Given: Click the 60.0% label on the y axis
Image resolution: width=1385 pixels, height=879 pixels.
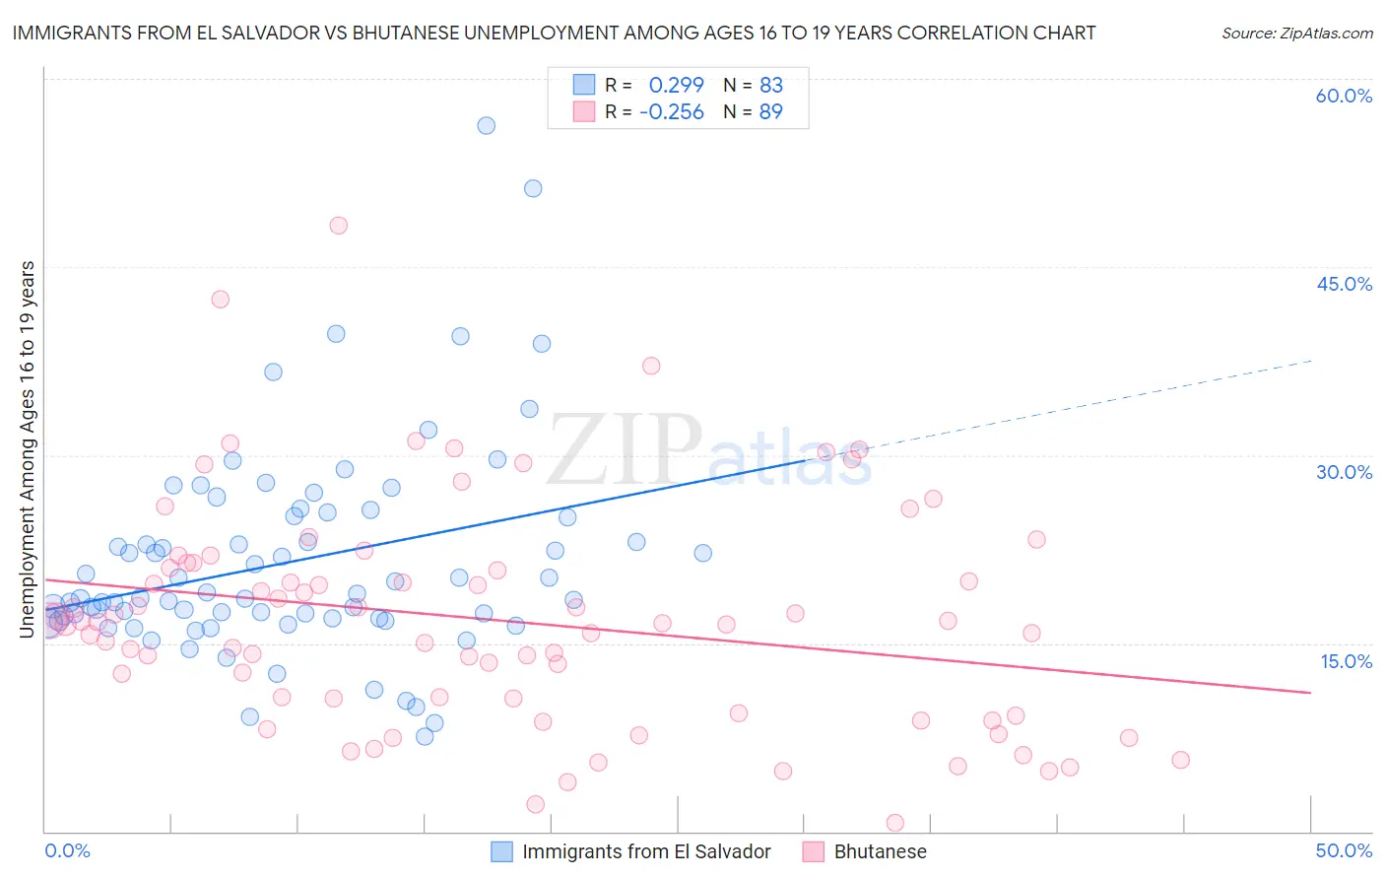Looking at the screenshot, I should coord(1344,96).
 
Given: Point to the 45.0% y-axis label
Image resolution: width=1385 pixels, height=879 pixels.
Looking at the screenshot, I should coord(1344,284).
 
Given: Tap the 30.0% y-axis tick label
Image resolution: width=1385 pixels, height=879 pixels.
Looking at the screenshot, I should coord(1344,472).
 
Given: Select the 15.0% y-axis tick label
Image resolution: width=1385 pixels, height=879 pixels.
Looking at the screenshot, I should coord(1346,661).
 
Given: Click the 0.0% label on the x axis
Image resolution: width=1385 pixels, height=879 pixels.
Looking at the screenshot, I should coord(67,850).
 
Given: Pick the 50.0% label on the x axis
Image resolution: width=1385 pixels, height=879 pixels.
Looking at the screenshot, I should coord(1344,850).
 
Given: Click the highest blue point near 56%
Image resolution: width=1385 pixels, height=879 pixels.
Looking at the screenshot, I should coord(486,125).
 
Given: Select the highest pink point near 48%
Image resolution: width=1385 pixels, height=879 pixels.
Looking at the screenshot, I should coord(338,225).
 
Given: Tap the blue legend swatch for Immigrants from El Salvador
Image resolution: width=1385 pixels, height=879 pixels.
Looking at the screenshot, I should coord(501,851).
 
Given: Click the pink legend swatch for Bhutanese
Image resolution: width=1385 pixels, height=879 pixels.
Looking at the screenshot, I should coord(813,851).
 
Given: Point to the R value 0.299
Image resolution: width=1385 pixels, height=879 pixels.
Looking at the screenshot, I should coord(676,85).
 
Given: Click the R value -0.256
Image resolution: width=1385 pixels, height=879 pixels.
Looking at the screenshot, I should coord(671,112).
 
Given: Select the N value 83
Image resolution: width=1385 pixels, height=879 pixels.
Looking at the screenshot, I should coord(770,85).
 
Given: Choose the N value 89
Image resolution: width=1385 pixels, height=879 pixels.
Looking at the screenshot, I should coord(770,112).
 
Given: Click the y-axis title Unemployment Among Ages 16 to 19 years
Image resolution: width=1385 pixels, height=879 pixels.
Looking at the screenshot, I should coord(28,448).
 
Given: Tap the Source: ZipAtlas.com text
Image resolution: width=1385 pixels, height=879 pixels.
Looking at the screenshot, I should coord(1296,34).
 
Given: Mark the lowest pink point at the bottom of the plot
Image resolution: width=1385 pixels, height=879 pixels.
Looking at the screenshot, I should coord(894,823).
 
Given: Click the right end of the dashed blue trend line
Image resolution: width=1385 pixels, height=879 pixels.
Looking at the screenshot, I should coord(1312,361).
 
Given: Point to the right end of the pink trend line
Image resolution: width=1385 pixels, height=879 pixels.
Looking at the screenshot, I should coord(1311,693).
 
